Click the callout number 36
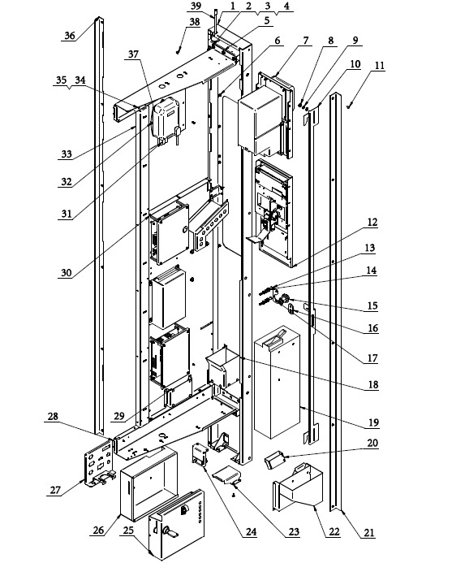70,35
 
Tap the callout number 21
369,532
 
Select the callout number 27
55,490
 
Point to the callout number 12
372,223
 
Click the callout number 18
373,384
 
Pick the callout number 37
133,54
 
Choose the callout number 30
67,273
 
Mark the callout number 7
306,41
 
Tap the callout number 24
251,531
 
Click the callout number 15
372,305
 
